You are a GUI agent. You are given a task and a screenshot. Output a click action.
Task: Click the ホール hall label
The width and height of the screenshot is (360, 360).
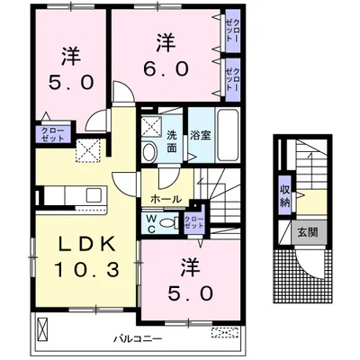tap(166, 198)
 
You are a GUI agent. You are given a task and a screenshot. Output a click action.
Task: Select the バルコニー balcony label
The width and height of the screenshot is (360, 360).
tap(134, 339)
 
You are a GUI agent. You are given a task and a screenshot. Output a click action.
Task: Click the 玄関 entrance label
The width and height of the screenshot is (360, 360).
tap(308, 232)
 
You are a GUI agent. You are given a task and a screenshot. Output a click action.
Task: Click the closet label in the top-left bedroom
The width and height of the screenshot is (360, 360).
tap(49, 135)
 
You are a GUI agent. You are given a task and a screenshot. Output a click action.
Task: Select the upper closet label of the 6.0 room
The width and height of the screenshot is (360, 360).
tap(232, 33)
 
